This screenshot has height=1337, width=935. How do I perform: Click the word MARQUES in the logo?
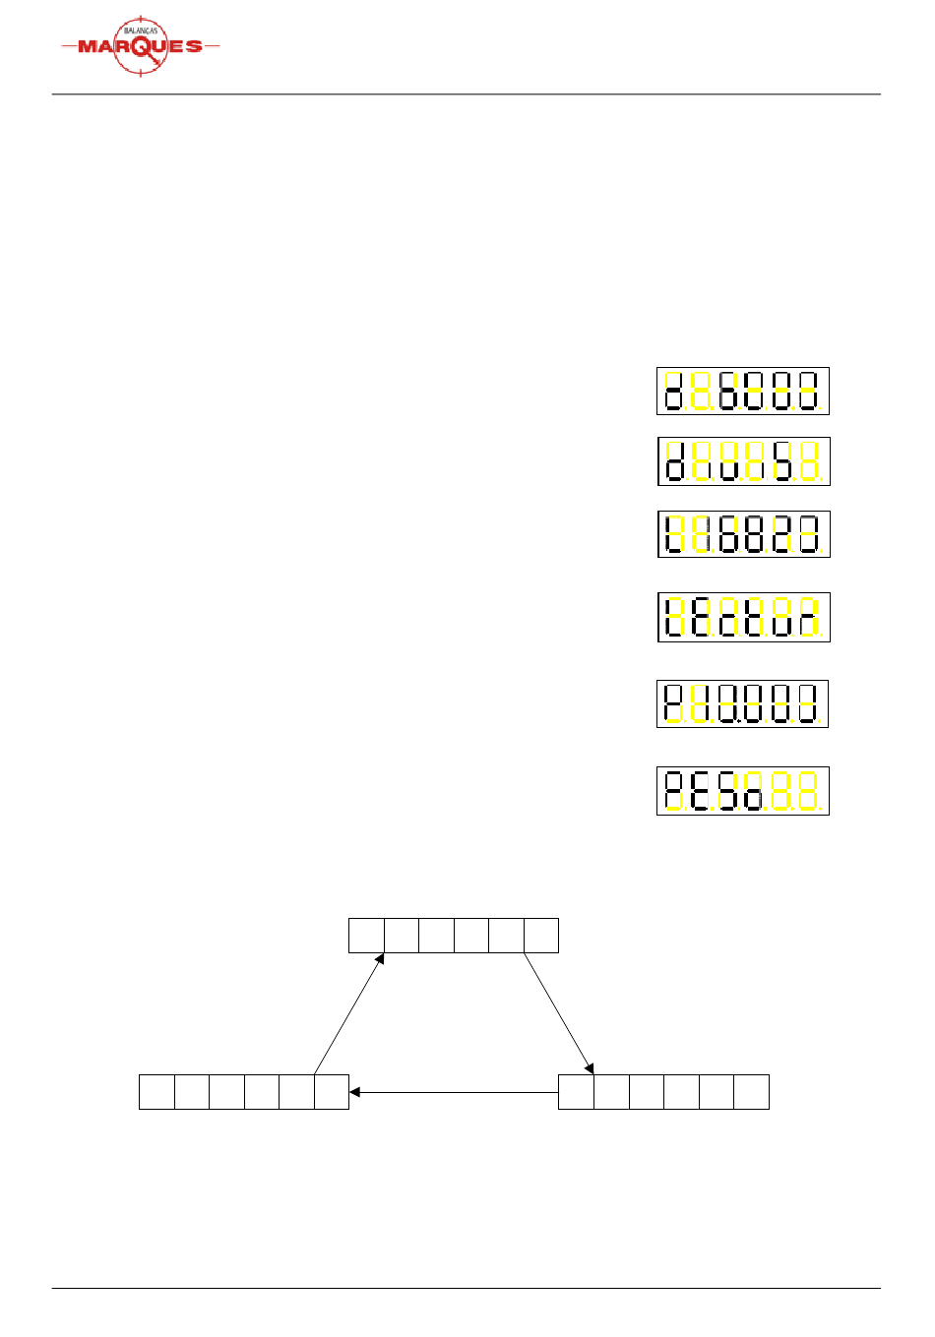click(x=140, y=46)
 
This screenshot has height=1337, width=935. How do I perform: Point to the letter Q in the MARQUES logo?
click(x=141, y=47)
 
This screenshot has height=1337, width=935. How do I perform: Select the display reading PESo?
click(x=743, y=791)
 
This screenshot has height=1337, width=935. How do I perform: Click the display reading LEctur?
click(x=743, y=617)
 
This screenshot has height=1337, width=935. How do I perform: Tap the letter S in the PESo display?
click(x=728, y=791)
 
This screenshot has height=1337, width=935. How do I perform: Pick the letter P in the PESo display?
click(x=674, y=791)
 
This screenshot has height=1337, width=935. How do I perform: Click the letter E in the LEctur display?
click(x=701, y=617)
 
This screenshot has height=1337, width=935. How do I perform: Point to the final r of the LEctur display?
click(x=808, y=617)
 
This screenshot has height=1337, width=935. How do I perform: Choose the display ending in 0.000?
click(x=742, y=703)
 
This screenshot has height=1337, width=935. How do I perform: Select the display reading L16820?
click(x=743, y=534)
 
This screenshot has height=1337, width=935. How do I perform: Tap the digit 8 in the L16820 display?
click(x=755, y=534)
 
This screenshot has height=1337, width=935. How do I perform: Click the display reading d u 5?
click(x=743, y=461)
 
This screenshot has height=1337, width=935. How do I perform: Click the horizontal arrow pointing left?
click(x=454, y=1092)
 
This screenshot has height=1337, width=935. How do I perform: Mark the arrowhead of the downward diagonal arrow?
click(x=591, y=1069)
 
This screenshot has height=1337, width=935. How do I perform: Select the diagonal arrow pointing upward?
click(x=348, y=1013)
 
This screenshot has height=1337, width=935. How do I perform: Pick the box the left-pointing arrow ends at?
click(x=332, y=1092)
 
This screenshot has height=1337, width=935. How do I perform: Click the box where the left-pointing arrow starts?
click(x=576, y=1092)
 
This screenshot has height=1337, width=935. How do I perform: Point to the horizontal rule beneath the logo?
click(x=466, y=94)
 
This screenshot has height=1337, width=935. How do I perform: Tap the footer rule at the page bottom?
click(x=466, y=1288)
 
